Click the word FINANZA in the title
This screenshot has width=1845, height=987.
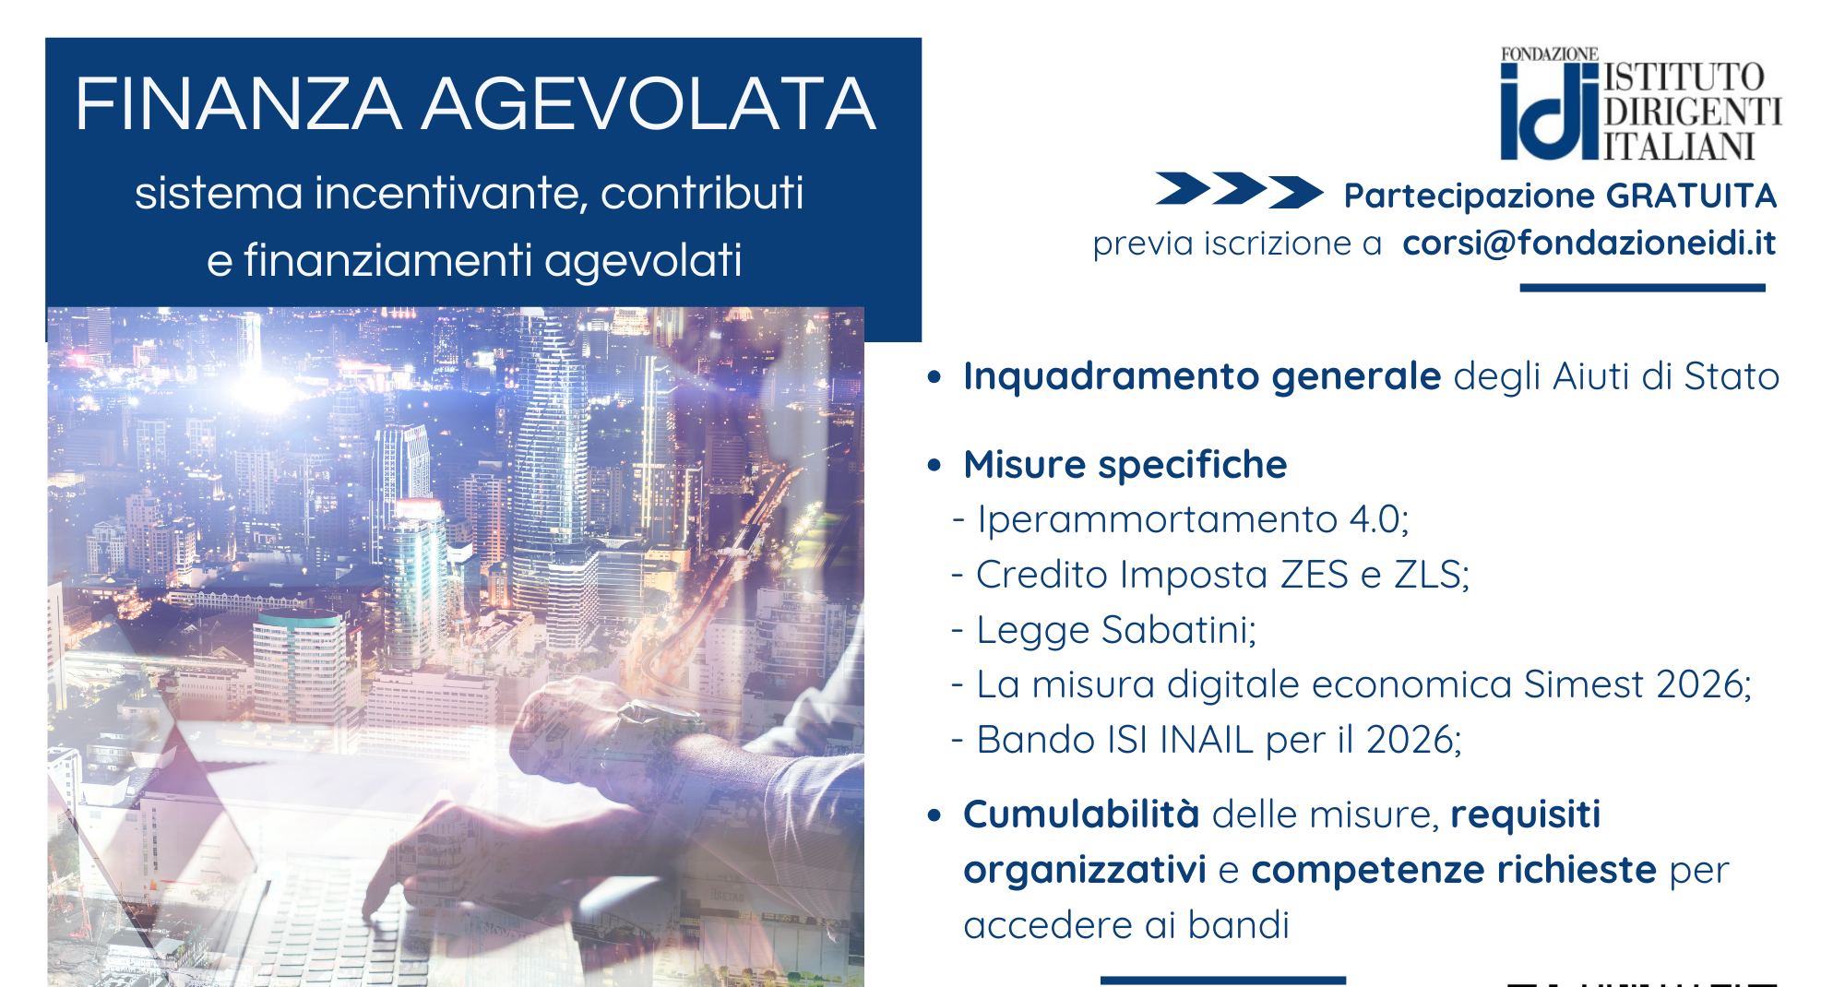click(238, 104)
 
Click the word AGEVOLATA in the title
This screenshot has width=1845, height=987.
click(649, 104)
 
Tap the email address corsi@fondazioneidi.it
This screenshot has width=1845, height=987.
click(1589, 243)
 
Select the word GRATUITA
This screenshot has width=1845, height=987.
click(1691, 196)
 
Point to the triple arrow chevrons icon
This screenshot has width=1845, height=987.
click(1239, 190)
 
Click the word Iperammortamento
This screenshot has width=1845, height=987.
click(1158, 520)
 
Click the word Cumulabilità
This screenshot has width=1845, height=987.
click(1081, 815)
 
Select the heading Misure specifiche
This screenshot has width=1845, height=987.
click(1125, 465)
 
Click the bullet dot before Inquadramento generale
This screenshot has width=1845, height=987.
click(934, 377)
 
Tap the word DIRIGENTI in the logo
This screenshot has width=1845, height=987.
click(1693, 112)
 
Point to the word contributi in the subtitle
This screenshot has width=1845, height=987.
click(702, 194)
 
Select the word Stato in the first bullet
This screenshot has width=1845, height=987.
click(1732, 376)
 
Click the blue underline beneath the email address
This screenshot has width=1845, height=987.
click(1642, 288)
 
